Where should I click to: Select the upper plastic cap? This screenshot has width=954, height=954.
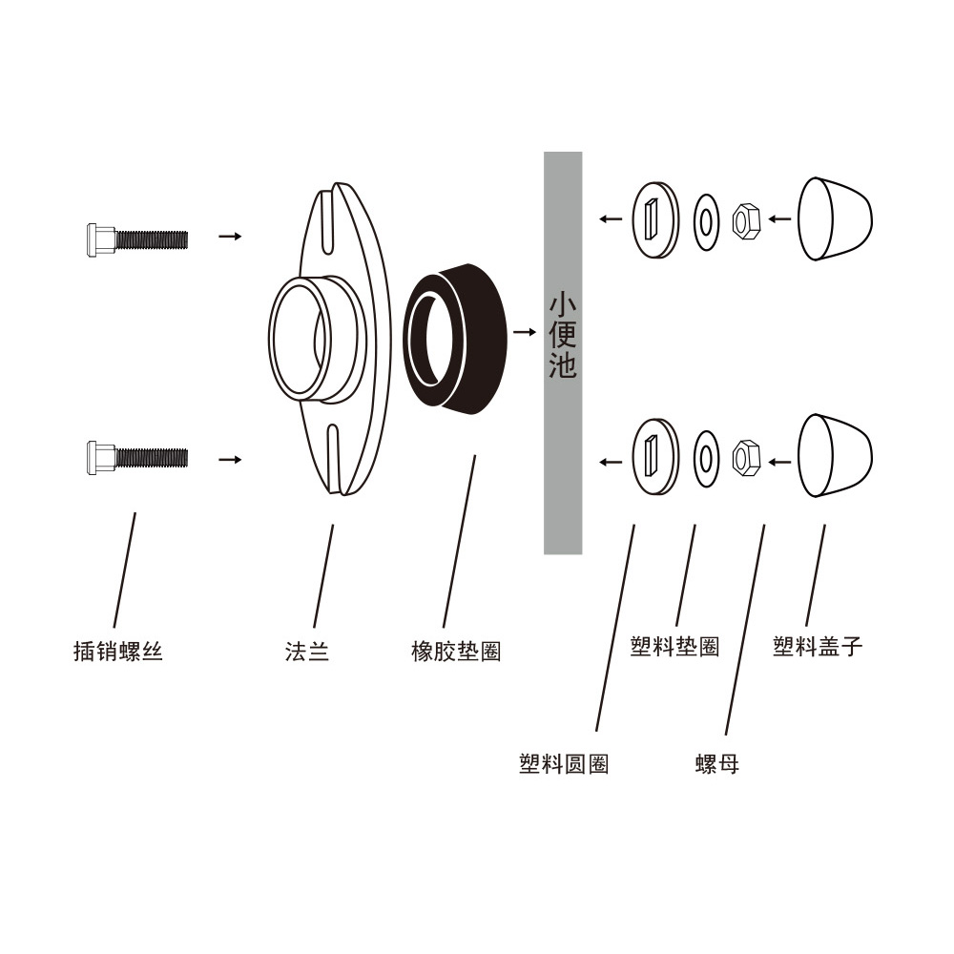(x=834, y=218)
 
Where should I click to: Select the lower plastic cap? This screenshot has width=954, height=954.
(x=834, y=455)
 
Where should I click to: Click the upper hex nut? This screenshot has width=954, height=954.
(x=744, y=220)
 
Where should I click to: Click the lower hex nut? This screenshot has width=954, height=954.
(x=744, y=457)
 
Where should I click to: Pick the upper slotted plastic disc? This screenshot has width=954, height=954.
(x=655, y=218)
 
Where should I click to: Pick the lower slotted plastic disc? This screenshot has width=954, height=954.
(x=655, y=456)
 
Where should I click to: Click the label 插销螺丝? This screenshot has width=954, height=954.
(x=118, y=653)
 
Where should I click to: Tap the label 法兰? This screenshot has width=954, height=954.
(x=307, y=653)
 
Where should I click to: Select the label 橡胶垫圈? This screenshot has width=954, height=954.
(x=456, y=653)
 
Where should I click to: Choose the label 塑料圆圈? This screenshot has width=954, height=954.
(x=564, y=764)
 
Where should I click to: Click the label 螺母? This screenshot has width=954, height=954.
(x=717, y=764)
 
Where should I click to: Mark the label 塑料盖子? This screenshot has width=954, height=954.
(x=818, y=647)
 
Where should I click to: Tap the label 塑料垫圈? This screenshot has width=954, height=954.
(x=674, y=647)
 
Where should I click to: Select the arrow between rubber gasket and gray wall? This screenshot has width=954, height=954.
(x=524, y=333)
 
